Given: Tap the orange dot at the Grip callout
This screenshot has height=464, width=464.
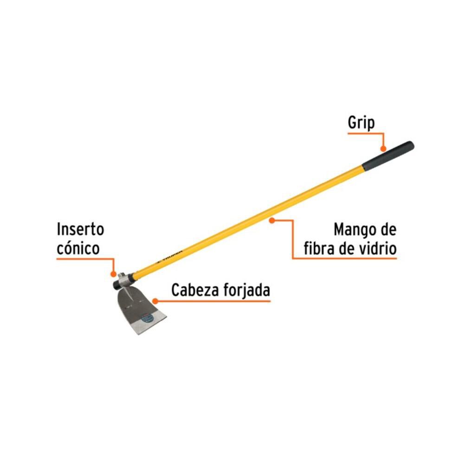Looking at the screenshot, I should click(x=383, y=149).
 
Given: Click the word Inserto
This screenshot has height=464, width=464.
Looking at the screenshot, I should click(x=80, y=229).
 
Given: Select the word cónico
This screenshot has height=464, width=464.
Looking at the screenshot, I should click(x=78, y=249).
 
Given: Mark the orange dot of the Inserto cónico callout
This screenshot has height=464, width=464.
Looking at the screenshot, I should click(x=113, y=275).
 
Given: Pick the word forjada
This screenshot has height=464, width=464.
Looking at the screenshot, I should click(x=247, y=291).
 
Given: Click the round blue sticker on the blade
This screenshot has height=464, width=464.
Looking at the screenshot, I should click(x=147, y=319).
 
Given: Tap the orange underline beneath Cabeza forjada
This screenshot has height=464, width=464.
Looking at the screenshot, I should click(x=213, y=301).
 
